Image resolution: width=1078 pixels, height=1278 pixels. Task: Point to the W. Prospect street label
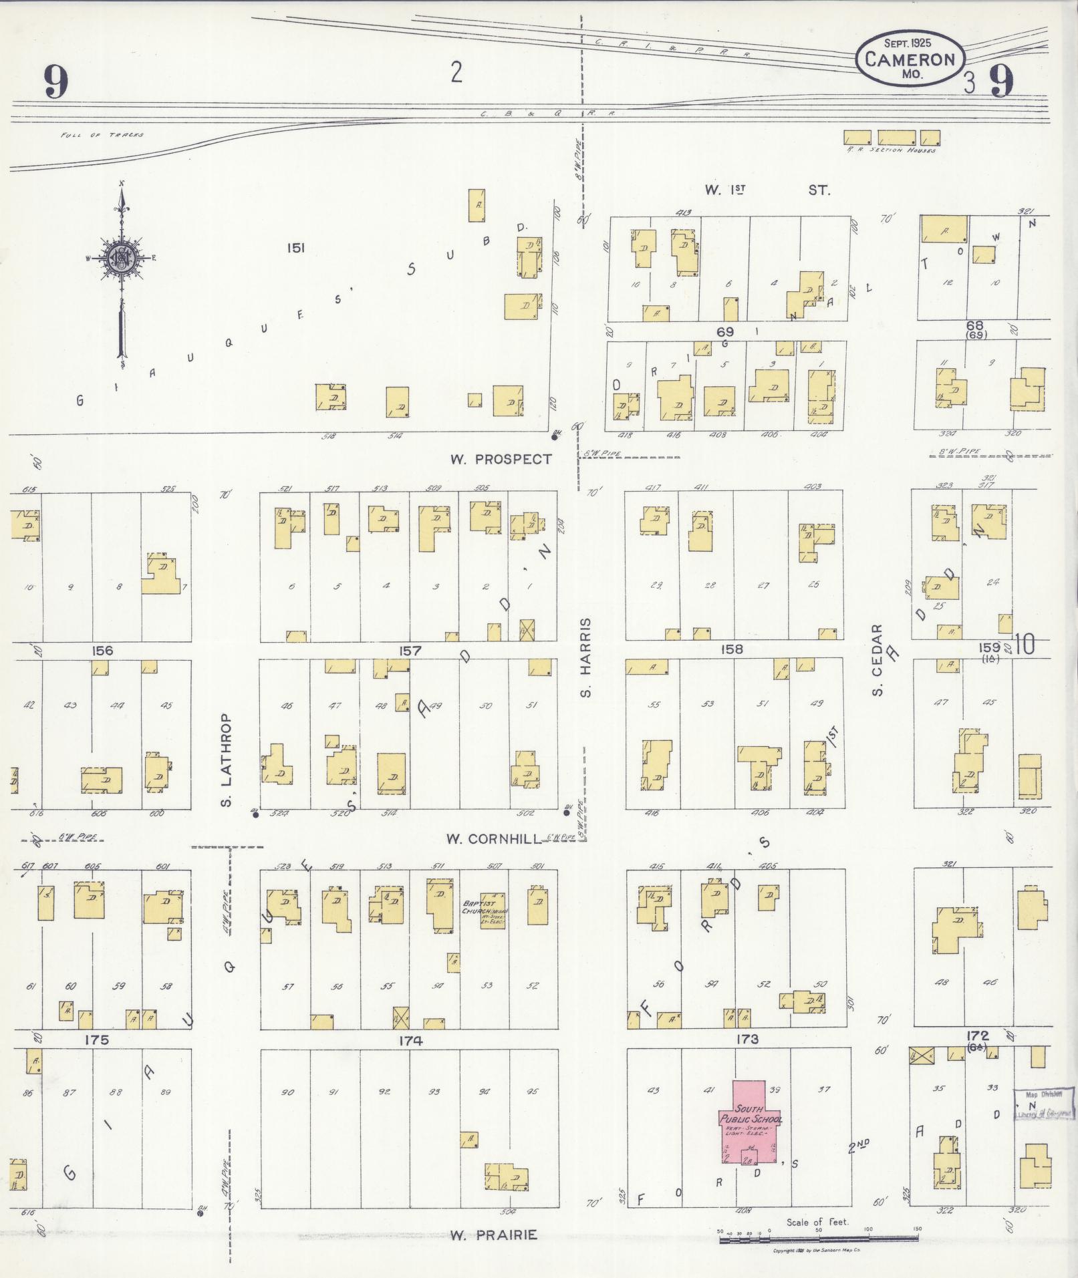501,459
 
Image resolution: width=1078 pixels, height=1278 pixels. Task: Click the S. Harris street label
586,657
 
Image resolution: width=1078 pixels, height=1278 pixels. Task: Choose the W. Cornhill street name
493,839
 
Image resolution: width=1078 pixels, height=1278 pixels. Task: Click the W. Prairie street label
493,1235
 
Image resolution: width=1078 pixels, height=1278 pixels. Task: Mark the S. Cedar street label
878,659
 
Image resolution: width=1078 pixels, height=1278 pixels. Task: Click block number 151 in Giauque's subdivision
295,248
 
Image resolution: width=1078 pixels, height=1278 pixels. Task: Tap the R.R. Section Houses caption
891,150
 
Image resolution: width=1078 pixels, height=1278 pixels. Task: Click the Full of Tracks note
102,135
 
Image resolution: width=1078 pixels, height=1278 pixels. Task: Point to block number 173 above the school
747,1039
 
